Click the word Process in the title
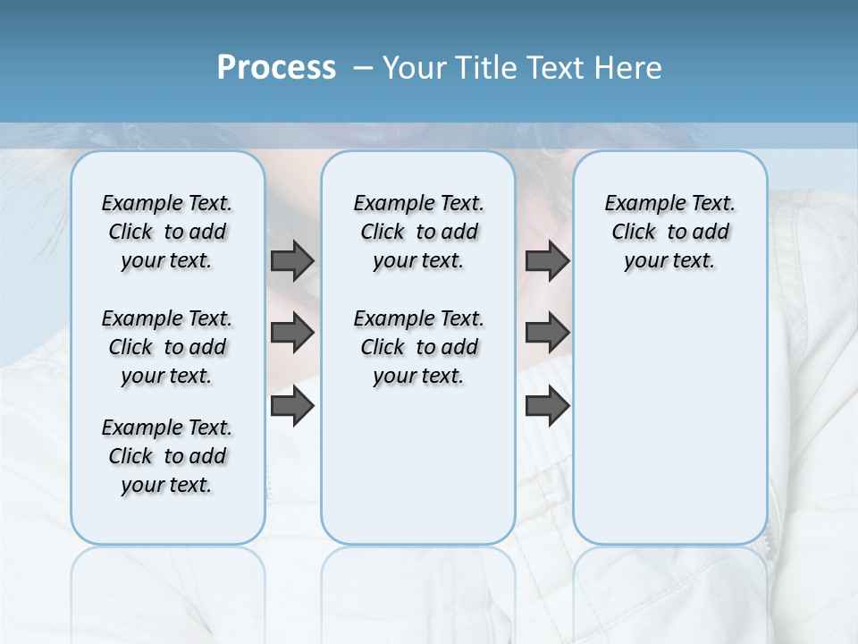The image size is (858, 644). pos(276,68)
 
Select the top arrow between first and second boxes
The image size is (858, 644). pos(292,261)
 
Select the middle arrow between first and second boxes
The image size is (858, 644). pos(292,334)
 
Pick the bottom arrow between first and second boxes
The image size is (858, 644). pos(292,406)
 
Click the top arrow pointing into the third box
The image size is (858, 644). pos(547,261)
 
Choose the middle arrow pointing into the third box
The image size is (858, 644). pos(547,334)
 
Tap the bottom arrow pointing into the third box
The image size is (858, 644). pos(547,406)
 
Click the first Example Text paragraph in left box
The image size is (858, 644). pos(167,232)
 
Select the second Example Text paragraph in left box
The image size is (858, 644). pos(167,347)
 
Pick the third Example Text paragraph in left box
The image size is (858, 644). pos(167,456)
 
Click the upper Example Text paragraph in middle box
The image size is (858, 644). pos(418,232)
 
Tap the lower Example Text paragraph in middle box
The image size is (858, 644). pos(418,347)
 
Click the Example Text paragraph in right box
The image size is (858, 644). pos(670,232)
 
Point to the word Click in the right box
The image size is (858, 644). pos(634,232)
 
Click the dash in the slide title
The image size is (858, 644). pos(362,68)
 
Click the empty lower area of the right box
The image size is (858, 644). pos(670,429)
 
